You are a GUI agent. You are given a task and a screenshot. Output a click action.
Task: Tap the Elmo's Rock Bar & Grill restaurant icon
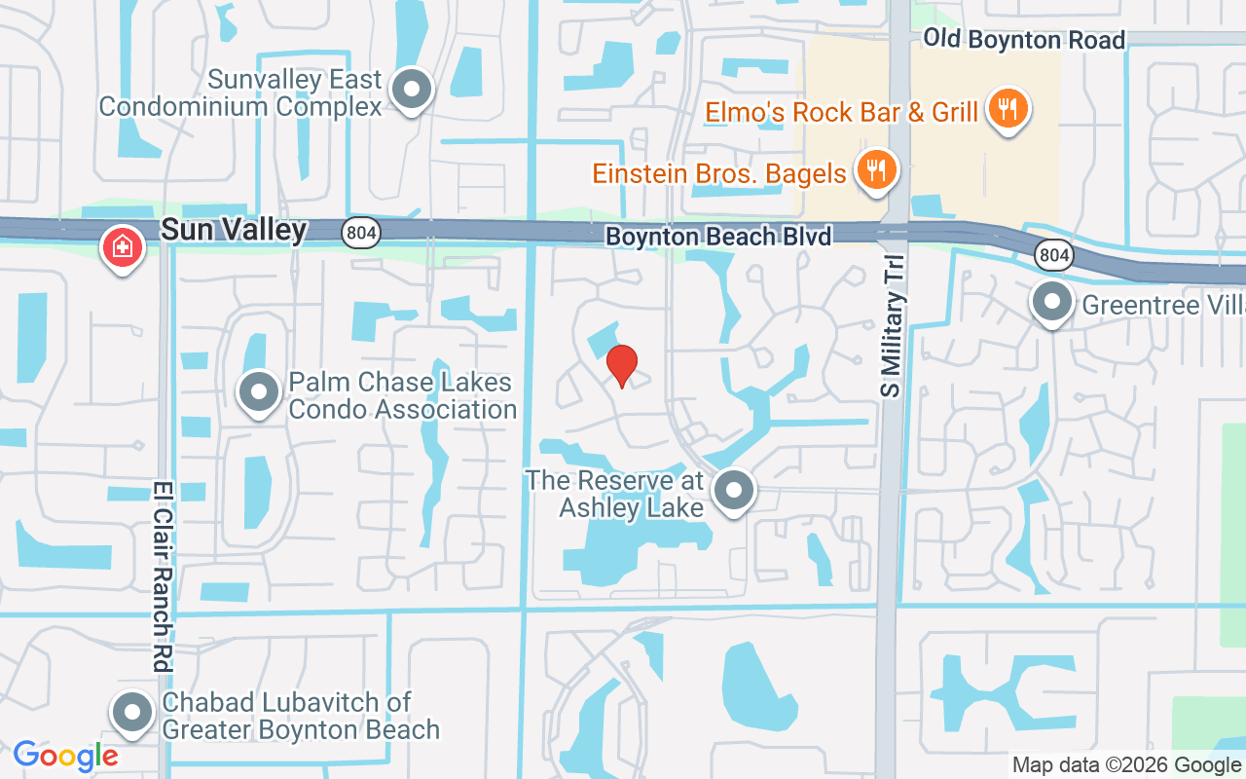(x=1008, y=108)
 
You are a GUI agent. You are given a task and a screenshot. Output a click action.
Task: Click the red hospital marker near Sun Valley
(x=123, y=247)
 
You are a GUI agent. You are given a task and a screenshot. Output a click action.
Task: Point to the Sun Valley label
(x=234, y=230)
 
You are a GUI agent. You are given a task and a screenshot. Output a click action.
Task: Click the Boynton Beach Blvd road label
(x=718, y=237)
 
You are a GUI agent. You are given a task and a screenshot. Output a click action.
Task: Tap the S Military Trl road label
(x=893, y=326)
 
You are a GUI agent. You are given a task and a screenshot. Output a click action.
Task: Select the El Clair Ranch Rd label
(x=162, y=576)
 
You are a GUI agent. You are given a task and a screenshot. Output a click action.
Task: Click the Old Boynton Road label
(x=1023, y=39)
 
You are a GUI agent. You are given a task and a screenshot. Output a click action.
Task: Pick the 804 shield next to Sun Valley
(x=361, y=232)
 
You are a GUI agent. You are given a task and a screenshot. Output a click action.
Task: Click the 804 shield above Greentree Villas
(x=1054, y=256)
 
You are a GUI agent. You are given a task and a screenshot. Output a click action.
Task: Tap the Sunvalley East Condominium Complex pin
(x=412, y=90)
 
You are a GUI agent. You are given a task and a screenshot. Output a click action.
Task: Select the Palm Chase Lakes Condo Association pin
(x=259, y=392)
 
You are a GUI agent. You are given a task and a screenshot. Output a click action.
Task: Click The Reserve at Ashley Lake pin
(x=734, y=491)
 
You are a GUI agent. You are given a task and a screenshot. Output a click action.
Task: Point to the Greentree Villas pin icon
(x=1051, y=302)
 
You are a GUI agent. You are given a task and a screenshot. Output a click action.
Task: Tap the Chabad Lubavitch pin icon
(x=133, y=713)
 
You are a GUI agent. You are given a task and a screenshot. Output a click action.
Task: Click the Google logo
(x=66, y=756)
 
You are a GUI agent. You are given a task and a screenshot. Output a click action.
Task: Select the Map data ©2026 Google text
(x=1126, y=765)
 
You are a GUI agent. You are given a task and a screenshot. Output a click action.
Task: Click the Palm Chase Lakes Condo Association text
(x=401, y=395)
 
